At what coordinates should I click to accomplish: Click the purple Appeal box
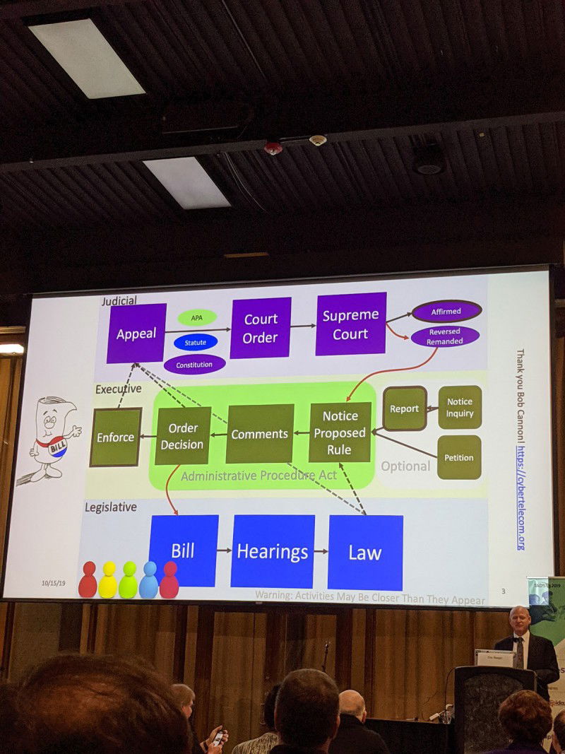click(x=136, y=333)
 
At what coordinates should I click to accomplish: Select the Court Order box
click(x=261, y=328)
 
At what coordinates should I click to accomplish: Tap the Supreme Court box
click(x=350, y=324)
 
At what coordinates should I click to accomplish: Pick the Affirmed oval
click(x=446, y=311)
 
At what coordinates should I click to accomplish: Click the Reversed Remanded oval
click(x=445, y=336)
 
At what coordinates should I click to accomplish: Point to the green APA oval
click(x=197, y=317)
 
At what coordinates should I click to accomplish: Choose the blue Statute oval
click(x=195, y=342)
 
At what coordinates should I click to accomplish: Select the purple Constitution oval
click(x=194, y=364)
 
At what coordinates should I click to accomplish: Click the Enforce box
click(x=115, y=437)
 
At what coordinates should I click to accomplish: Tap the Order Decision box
click(x=182, y=436)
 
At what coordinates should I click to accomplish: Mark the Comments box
click(x=260, y=434)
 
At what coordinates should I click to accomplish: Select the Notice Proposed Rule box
click(x=340, y=432)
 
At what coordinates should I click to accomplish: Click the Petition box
click(x=459, y=457)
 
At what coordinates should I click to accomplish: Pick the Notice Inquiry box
click(x=460, y=407)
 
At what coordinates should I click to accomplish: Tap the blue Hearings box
click(x=272, y=551)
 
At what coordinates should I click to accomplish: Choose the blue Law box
click(x=365, y=552)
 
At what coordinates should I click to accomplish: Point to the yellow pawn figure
click(x=108, y=580)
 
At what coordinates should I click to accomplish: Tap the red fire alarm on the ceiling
click(x=273, y=148)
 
